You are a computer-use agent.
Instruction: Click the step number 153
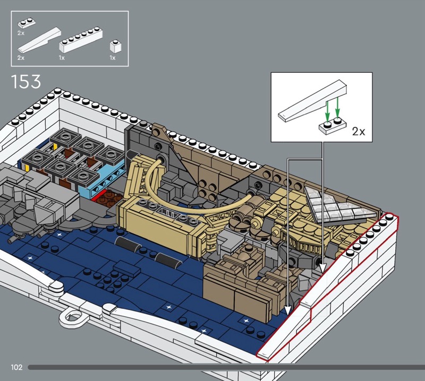(x=25, y=81)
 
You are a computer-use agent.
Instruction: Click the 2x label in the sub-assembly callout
(x=359, y=131)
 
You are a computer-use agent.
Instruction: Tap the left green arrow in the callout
(x=327, y=110)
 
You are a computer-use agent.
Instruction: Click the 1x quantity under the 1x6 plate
(x=62, y=57)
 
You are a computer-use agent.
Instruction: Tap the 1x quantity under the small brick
(x=112, y=57)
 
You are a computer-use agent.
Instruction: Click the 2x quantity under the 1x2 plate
(x=21, y=33)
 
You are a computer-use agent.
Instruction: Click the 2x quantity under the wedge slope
(x=21, y=57)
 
